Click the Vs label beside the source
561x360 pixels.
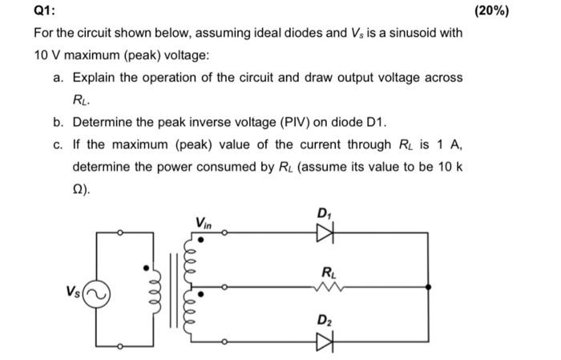coord(74,291)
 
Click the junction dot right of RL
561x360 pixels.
coord(432,285)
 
